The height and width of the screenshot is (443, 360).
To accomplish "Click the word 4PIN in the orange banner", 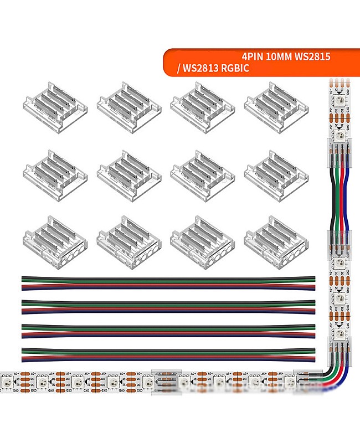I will pyautogui.click(x=253, y=56).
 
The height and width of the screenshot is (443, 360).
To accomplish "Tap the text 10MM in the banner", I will pyautogui.click(x=280, y=56).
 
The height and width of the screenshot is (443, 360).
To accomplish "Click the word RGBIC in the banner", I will pyautogui.click(x=236, y=69).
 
